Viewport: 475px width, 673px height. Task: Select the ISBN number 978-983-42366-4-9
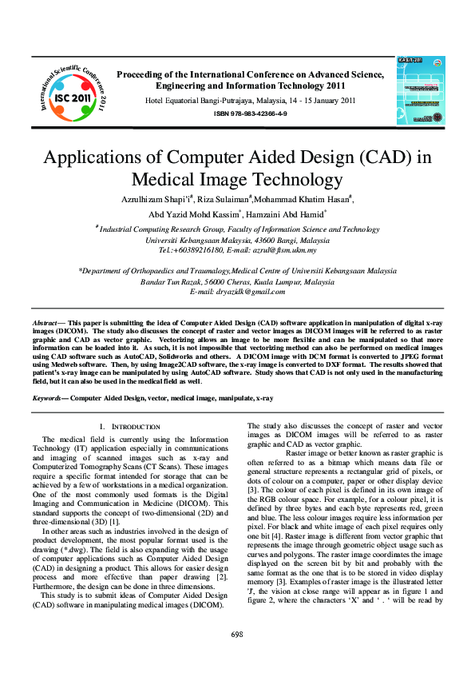pos(250,115)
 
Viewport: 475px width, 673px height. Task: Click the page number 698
pos(237,634)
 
